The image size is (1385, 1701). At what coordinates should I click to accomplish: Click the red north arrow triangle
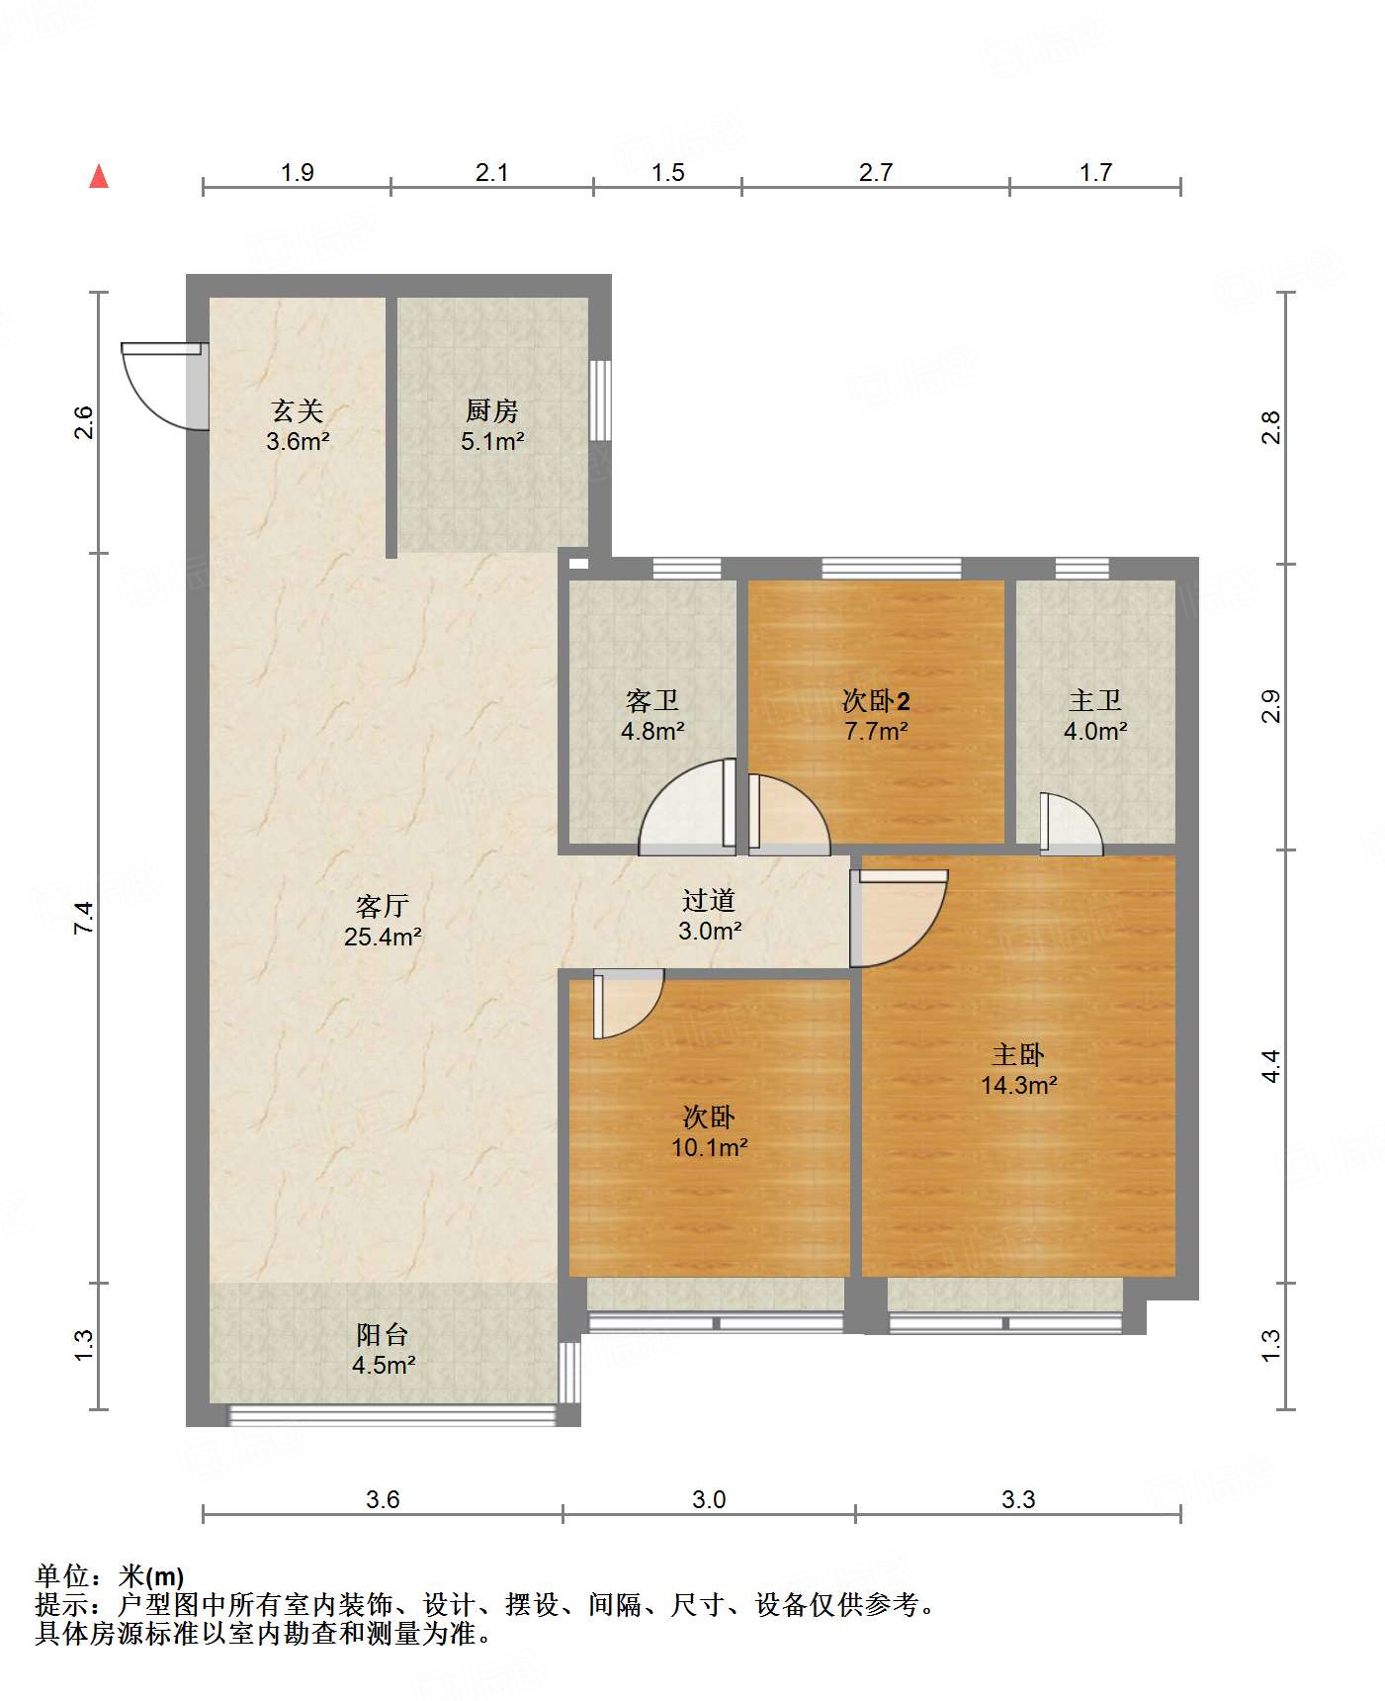pos(99,176)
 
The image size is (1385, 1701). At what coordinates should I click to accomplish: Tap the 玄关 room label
pos(298,410)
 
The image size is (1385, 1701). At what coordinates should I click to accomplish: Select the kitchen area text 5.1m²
pos(492,442)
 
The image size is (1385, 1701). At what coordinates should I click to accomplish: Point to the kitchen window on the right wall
pos(600,400)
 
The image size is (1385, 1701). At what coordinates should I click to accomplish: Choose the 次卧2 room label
pos(876,701)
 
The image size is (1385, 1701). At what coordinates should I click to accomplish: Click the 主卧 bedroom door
pos(899,918)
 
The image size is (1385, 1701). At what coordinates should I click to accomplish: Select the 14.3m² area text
pos(1019,1085)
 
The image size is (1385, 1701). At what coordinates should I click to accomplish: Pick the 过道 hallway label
pos(709,900)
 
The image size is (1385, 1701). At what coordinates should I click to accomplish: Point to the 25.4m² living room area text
pos(383,936)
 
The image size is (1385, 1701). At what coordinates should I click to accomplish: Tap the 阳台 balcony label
pos(383,1335)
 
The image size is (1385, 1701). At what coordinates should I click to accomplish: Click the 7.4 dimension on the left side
pos(84,918)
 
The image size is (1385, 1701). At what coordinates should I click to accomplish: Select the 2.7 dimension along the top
pos(876,173)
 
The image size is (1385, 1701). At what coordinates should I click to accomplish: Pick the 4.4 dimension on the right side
pos(1271,1066)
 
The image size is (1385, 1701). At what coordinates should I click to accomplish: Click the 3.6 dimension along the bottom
pos(383,1499)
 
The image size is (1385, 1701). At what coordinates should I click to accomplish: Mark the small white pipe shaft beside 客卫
pos(578,564)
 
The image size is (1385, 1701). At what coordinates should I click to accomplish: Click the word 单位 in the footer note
pos(61,1576)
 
